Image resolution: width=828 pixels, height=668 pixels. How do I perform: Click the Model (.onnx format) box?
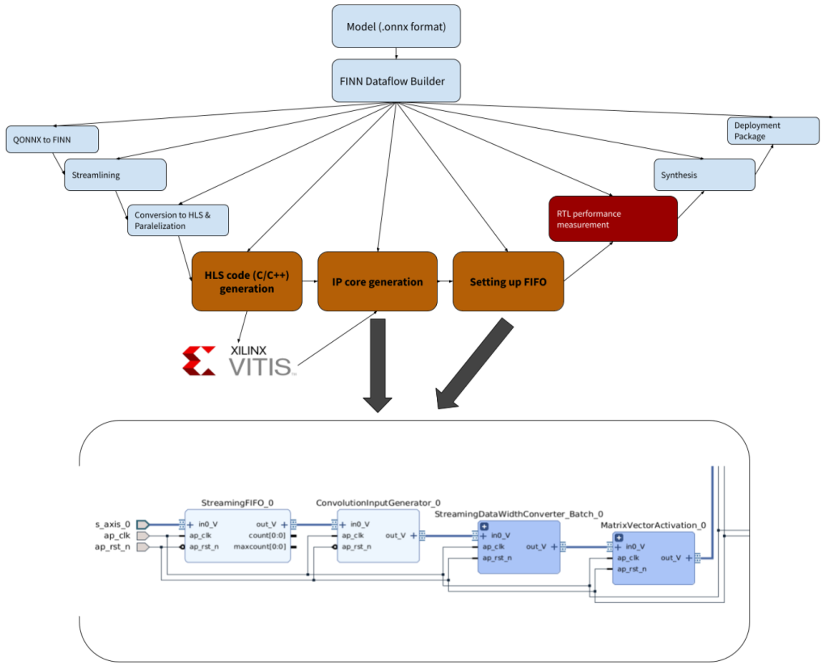pos(396,26)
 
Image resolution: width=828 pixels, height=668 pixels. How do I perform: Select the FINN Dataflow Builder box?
pos(396,80)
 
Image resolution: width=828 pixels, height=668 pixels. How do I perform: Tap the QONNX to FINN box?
pos(52,139)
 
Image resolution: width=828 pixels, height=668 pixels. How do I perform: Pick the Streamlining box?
pos(115,174)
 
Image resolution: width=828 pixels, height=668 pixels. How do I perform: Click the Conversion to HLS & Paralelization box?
pos(178,220)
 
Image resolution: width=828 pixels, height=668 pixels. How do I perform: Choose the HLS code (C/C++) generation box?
pos(247,281)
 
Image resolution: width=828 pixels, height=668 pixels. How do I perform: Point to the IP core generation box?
pos(377,281)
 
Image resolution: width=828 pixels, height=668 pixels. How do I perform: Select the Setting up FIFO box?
pos(508,281)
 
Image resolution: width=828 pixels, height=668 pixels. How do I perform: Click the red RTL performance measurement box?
pos(613,219)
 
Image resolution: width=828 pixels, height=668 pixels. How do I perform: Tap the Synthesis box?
pos(704,174)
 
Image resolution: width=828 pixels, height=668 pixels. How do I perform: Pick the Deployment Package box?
pos(773,130)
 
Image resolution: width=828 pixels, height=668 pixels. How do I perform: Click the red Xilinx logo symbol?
pos(199,360)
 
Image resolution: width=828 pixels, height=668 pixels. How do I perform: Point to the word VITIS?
pos(260,367)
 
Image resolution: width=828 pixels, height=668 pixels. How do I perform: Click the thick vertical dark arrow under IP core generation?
pos(377,365)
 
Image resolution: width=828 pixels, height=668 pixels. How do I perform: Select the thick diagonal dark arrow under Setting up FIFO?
pos(474,363)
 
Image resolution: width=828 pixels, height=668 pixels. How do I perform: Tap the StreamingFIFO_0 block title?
pos(237,503)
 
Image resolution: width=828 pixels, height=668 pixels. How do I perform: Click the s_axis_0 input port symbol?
pos(143,525)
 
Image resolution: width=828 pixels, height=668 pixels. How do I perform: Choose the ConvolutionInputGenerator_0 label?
pos(378,503)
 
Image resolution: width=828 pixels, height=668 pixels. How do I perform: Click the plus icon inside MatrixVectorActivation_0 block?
pos(619,538)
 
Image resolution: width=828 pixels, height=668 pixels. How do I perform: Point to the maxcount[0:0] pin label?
pos(259,546)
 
